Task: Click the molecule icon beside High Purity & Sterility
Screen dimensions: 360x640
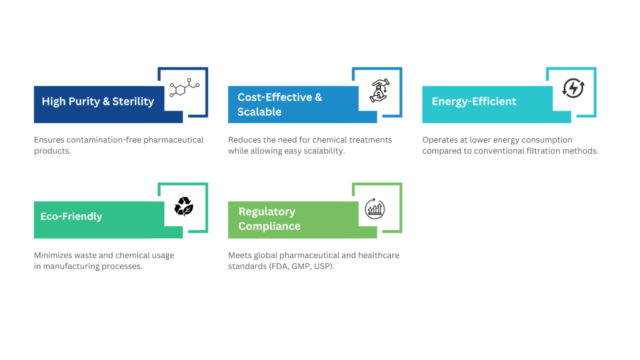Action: coord(183,92)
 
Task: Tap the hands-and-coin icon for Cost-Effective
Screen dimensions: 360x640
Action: coord(377,92)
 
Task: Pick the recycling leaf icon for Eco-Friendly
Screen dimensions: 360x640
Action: coord(183,206)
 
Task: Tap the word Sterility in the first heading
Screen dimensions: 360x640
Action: coord(133,101)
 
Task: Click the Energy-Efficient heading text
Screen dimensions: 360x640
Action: coord(474,101)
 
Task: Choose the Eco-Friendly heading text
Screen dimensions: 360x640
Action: coord(71,216)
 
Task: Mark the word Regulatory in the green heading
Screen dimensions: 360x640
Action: coord(267,211)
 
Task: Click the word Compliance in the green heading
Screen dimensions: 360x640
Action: coord(269,226)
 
